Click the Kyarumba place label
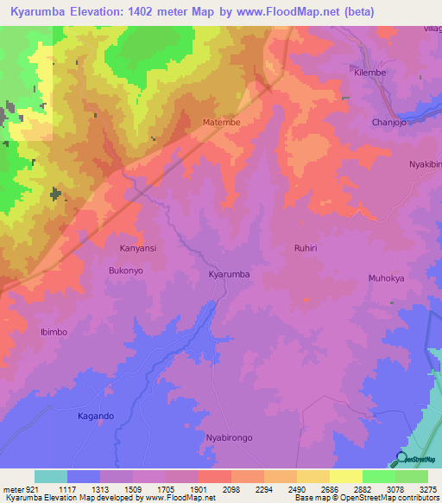(230, 274)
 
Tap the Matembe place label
(220, 123)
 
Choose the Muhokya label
(386, 278)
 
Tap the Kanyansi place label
(137, 248)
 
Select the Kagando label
(91, 416)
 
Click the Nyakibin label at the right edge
(425, 164)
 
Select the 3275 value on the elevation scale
(427, 489)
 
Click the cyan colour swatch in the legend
(50, 476)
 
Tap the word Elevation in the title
(101, 11)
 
